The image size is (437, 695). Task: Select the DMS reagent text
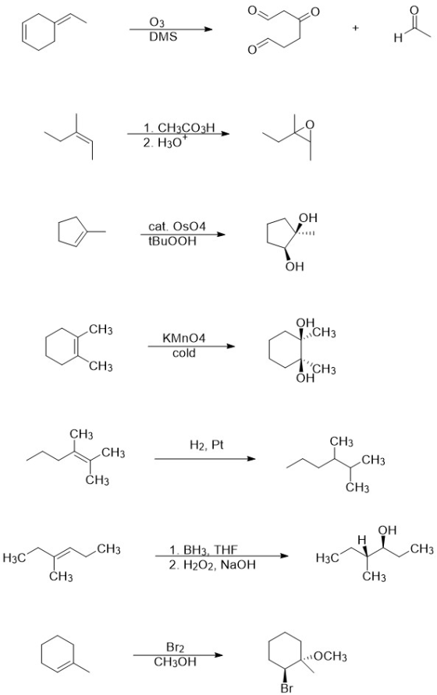(163, 37)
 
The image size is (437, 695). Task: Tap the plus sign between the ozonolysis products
(355, 28)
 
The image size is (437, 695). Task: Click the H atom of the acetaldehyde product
(398, 38)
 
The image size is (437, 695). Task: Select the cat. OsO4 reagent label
(177, 227)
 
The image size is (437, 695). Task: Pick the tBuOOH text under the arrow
(172, 241)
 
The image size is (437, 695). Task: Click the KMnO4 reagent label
(184, 338)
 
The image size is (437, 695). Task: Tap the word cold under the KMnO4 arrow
(184, 353)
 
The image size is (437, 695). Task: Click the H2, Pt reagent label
(206, 445)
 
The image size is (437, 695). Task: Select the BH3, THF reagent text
(204, 550)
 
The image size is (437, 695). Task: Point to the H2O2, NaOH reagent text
(211, 565)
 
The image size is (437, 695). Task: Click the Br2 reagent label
(175, 647)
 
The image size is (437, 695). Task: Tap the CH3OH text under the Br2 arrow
(175, 661)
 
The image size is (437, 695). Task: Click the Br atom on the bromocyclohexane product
(286, 688)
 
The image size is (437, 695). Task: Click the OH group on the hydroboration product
(387, 530)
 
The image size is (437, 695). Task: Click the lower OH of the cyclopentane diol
(295, 266)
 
